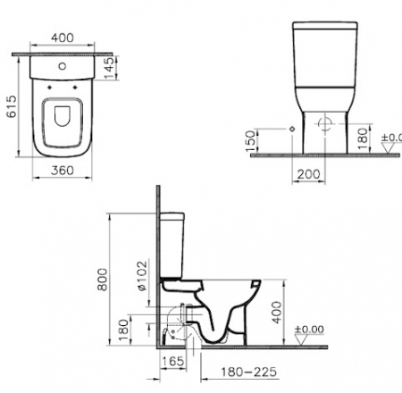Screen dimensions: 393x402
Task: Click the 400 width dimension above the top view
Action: [62, 39]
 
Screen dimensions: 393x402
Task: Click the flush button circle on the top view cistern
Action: [62, 68]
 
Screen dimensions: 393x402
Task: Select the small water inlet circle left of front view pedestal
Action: [293, 129]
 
